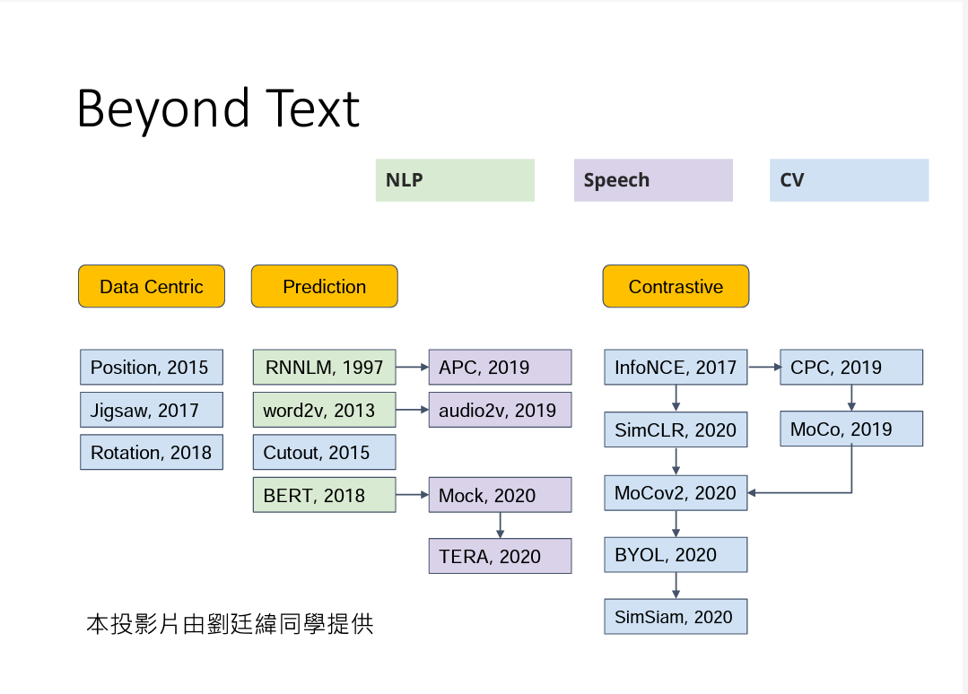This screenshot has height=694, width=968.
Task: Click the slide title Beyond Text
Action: (x=218, y=108)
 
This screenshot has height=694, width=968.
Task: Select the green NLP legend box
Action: (x=455, y=180)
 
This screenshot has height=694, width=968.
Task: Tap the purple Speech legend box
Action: (x=653, y=180)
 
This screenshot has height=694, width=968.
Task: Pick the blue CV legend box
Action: (x=849, y=180)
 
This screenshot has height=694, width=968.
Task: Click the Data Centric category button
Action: (x=152, y=287)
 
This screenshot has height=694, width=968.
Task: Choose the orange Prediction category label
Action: (x=324, y=287)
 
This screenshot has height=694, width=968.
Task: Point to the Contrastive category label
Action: (x=676, y=287)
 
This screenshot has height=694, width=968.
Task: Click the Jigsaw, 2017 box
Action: (x=151, y=410)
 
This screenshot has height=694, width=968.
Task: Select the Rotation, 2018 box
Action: (x=151, y=453)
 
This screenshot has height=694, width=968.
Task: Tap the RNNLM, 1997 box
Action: (x=324, y=368)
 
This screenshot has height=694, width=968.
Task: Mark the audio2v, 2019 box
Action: (x=500, y=410)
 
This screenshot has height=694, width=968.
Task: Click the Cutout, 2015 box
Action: (x=324, y=453)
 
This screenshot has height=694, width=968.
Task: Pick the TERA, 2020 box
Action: (x=500, y=556)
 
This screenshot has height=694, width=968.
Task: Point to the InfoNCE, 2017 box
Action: (x=676, y=368)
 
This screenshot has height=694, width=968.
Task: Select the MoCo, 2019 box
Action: (x=850, y=429)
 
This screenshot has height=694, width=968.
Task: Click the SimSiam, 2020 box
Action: (x=676, y=617)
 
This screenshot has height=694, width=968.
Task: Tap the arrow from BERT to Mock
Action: (x=412, y=495)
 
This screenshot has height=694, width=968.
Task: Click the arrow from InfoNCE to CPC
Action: (x=763, y=367)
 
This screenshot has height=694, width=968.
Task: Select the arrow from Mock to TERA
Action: (x=500, y=525)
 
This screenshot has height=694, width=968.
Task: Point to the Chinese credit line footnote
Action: (x=230, y=624)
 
